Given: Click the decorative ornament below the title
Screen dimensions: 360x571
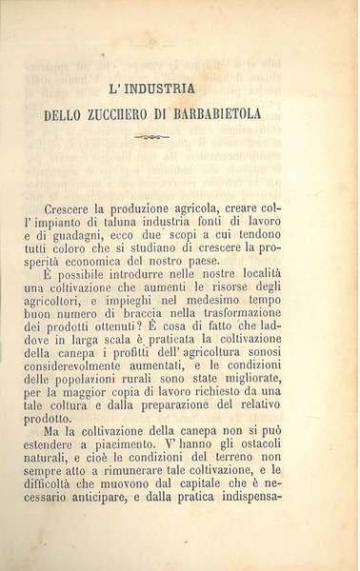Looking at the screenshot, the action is pyautogui.click(x=180, y=138).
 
